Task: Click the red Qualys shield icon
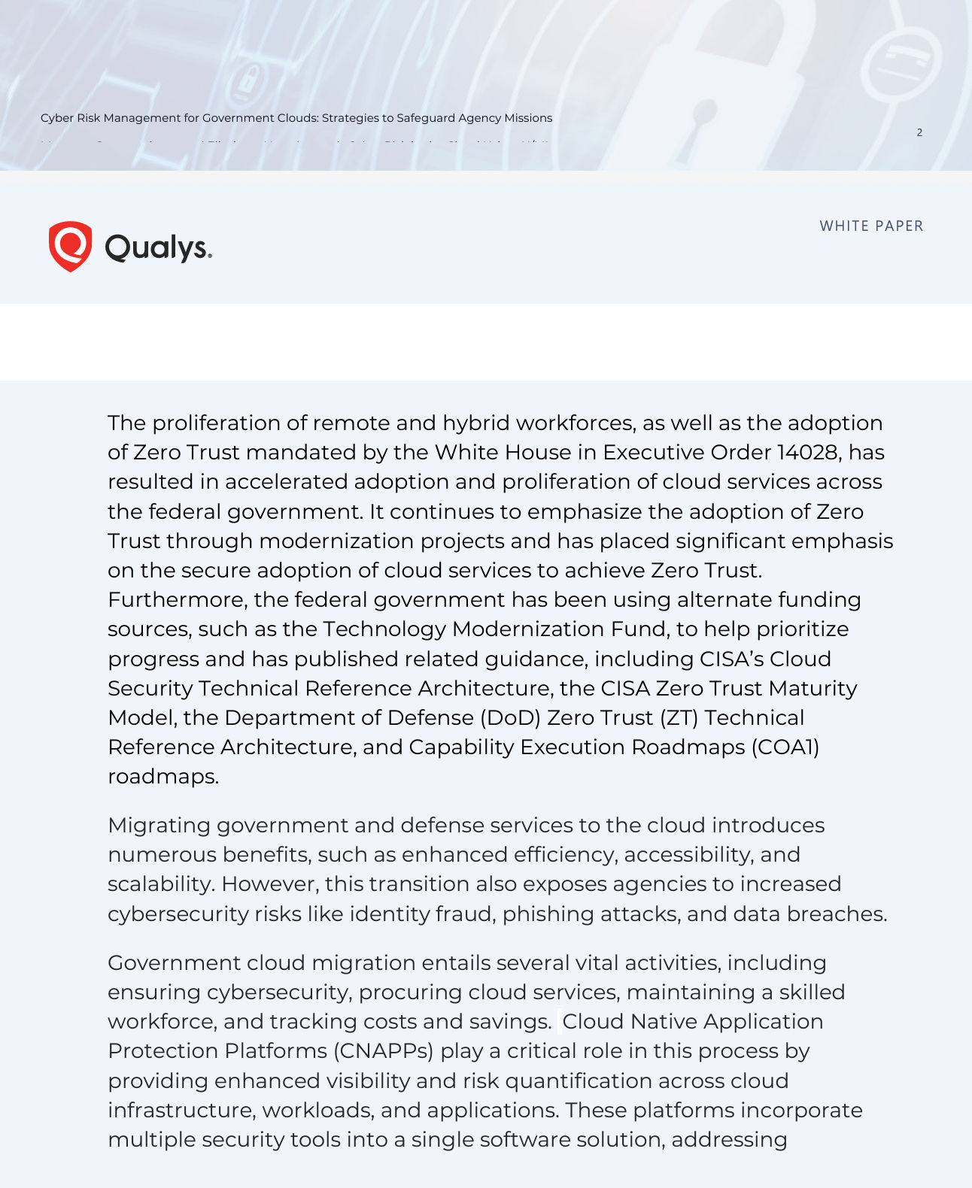(70, 246)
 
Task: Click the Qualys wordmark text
(158, 247)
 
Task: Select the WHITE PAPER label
(871, 226)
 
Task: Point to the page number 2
(919, 132)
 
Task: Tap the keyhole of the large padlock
(703, 117)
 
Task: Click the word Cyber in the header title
(57, 118)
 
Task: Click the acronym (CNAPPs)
(383, 1051)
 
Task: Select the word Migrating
(159, 826)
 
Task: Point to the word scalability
(160, 884)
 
